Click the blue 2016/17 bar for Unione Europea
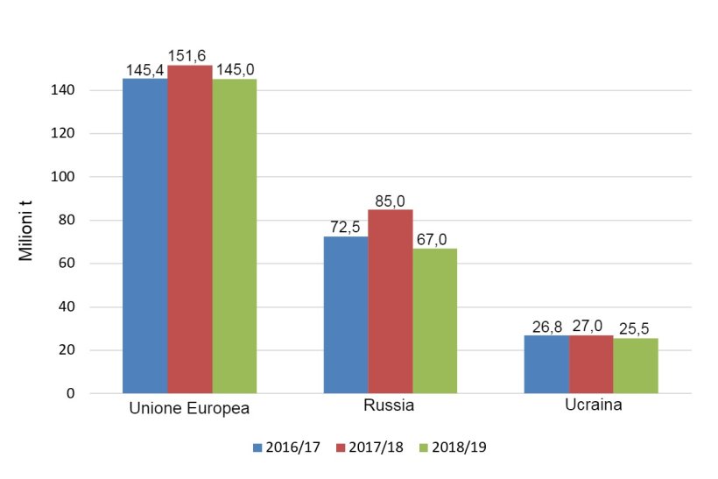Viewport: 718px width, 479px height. coord(144,236)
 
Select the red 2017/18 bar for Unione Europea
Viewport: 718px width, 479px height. coord(189,229)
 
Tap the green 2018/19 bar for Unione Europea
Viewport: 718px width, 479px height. coord(234,236)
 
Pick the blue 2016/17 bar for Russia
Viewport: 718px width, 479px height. coord(346,314)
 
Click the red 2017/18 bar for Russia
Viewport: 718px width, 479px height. coord(391,301)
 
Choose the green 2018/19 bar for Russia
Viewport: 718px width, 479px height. coord(434,321)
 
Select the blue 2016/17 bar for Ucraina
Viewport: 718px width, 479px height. coord(546,364)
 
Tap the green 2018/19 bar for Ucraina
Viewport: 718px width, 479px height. coord(636,366)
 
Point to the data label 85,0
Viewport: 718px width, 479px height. coord(391,201)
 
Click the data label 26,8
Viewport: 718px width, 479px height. coord(546,327)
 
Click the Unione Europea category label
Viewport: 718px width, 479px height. coord(189,409)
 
